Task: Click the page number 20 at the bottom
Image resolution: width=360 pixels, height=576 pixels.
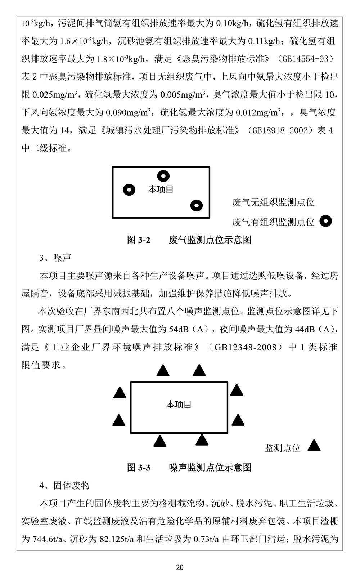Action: tap(180, 567)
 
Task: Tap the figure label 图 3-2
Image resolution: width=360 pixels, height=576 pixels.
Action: tap(139, 240)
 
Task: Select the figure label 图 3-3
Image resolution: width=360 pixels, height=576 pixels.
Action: tap(139, 468)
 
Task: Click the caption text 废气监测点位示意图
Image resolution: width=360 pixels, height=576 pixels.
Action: tap(210, 240)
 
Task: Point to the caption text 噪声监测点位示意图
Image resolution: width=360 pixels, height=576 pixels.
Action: tap(210, 468)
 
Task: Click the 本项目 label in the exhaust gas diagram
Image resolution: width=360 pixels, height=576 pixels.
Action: tap(161, 189)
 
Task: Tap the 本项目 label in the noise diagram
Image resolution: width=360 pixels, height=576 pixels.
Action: tap(179, 405)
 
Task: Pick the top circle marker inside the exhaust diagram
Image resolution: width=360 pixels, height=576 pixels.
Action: tap(163, 176)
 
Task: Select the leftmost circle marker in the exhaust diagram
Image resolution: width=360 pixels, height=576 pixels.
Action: tap(129, 189)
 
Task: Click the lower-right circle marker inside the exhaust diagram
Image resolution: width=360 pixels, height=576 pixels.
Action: tap(197, 205)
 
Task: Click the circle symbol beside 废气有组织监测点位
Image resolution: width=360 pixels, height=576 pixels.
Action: tap(326, 221)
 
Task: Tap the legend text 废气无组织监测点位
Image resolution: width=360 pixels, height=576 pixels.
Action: tap(273, 202)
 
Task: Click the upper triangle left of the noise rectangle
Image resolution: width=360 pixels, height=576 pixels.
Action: tap(120, 393)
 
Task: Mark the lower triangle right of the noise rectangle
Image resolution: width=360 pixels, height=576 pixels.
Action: tap(238, 420)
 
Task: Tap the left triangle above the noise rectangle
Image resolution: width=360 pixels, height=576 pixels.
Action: tap(163, 371)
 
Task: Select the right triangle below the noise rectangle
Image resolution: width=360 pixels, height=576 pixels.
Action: tap(202, 440)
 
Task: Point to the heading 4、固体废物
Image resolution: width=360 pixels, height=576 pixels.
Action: tap(64, 486)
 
